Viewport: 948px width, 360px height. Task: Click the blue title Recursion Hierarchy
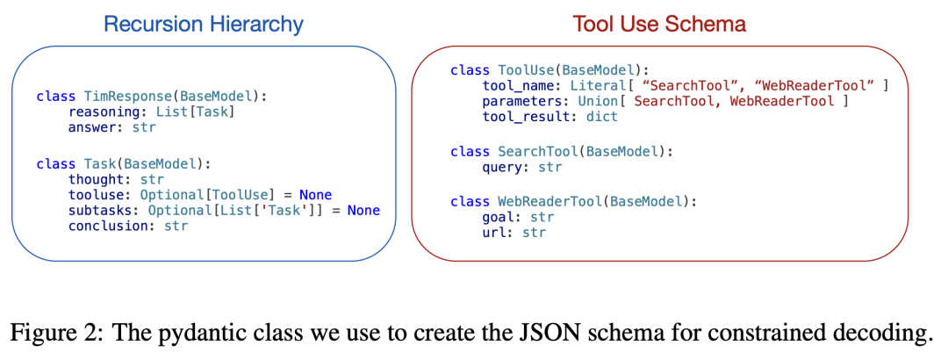click(203, 25)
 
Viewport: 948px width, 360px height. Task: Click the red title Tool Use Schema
click(659, 25)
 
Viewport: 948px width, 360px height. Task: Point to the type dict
click(602, 117)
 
